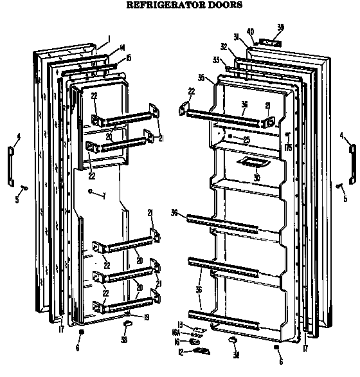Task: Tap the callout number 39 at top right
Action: [280, 28]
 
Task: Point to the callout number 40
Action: [251, 32]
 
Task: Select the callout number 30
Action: [239, 178]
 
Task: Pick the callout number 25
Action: [246, 140]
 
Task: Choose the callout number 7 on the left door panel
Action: [104, 195]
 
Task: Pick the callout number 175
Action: [289, 147]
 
